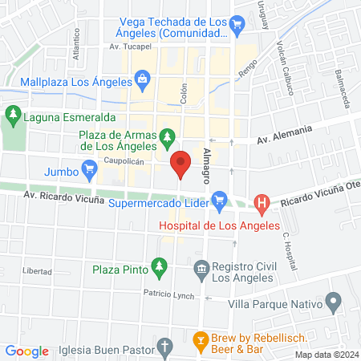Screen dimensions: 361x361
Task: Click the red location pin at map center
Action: [180, 164]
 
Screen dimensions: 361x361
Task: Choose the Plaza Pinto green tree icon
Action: [160, 267]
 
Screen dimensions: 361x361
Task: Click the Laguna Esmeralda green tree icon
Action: [12, 115]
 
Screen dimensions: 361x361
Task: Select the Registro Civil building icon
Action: [201, 267]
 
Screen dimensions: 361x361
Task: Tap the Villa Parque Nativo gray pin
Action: [335, 304]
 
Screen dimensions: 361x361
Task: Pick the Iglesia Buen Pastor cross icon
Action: [165, 348]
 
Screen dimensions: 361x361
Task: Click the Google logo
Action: [27, 351]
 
